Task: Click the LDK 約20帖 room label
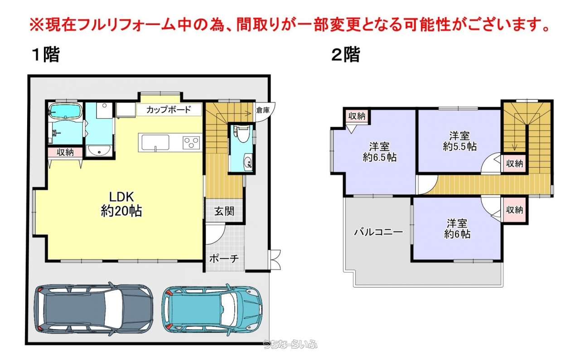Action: coord(121,204)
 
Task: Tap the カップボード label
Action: coord(169,110)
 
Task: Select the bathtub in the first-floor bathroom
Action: coord(65,111)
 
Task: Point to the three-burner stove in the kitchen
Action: coord(192,143)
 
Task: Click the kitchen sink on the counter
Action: coord(155,143)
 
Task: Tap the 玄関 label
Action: coord(224,211)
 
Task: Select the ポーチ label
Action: coord(224,258)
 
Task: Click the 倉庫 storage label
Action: coord(263,110)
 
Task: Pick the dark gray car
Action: coord(93,309)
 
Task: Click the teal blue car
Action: coord(212,310)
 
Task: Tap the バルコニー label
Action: coord(378,232)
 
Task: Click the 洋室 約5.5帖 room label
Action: coord(459,141)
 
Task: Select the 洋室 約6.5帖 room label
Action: coord(380,152)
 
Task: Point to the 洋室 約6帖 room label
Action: coord(457,229)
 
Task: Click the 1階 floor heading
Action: coord(46,54)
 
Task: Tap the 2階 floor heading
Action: coord(346,54)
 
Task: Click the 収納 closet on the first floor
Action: coord(65,152)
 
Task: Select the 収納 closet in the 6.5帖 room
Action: coord(357,116)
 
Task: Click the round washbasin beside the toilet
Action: coord(248,162)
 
